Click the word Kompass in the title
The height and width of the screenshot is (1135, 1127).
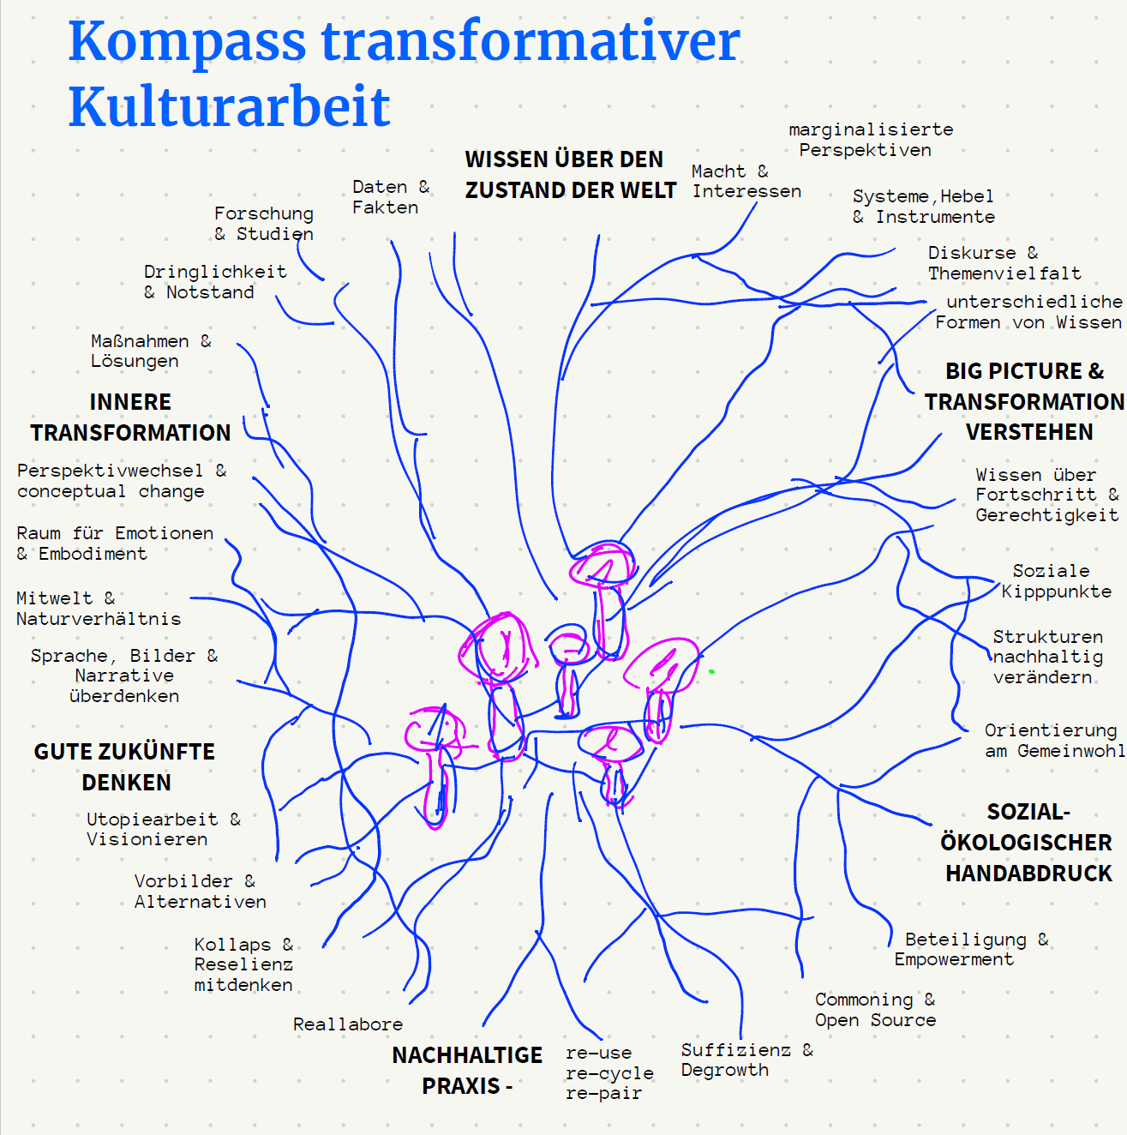click(x=188, y=42)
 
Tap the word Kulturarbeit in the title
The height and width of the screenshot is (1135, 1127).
click(x=229, y=106)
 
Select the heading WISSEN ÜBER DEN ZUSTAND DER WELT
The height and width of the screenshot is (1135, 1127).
click(x=570, y=175)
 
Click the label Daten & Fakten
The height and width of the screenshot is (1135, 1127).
click(x=391, y=197)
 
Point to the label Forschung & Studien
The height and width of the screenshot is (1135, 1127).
click(x=263, y=224)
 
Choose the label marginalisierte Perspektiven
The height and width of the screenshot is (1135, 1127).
click(x=871, y=141)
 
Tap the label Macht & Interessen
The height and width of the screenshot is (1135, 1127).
click(x=746, y=182)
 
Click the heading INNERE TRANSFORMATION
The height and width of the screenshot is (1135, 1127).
click(x=130, y=417)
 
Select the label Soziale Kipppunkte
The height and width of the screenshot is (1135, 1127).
click(x=1056, y=580)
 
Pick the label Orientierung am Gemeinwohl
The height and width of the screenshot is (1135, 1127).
click(x=1054, y=741)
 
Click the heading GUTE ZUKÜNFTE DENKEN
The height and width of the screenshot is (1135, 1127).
click(x=124, y=767)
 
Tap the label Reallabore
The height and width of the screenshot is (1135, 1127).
click(x=348, y=1024)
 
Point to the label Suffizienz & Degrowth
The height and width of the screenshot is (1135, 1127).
click(x=746, y=1060)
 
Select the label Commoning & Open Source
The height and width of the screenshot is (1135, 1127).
click(x=875, y=1010)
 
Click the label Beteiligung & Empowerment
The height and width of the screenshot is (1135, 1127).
click(x=971, y=950)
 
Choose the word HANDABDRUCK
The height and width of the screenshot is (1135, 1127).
click(x=1028, y=874)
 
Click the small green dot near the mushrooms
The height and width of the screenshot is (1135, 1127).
click(x=711, y=671)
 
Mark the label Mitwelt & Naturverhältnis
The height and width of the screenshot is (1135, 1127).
click(x=99, y=609)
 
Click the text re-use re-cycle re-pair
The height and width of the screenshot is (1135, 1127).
click(x=609, y=1073)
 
